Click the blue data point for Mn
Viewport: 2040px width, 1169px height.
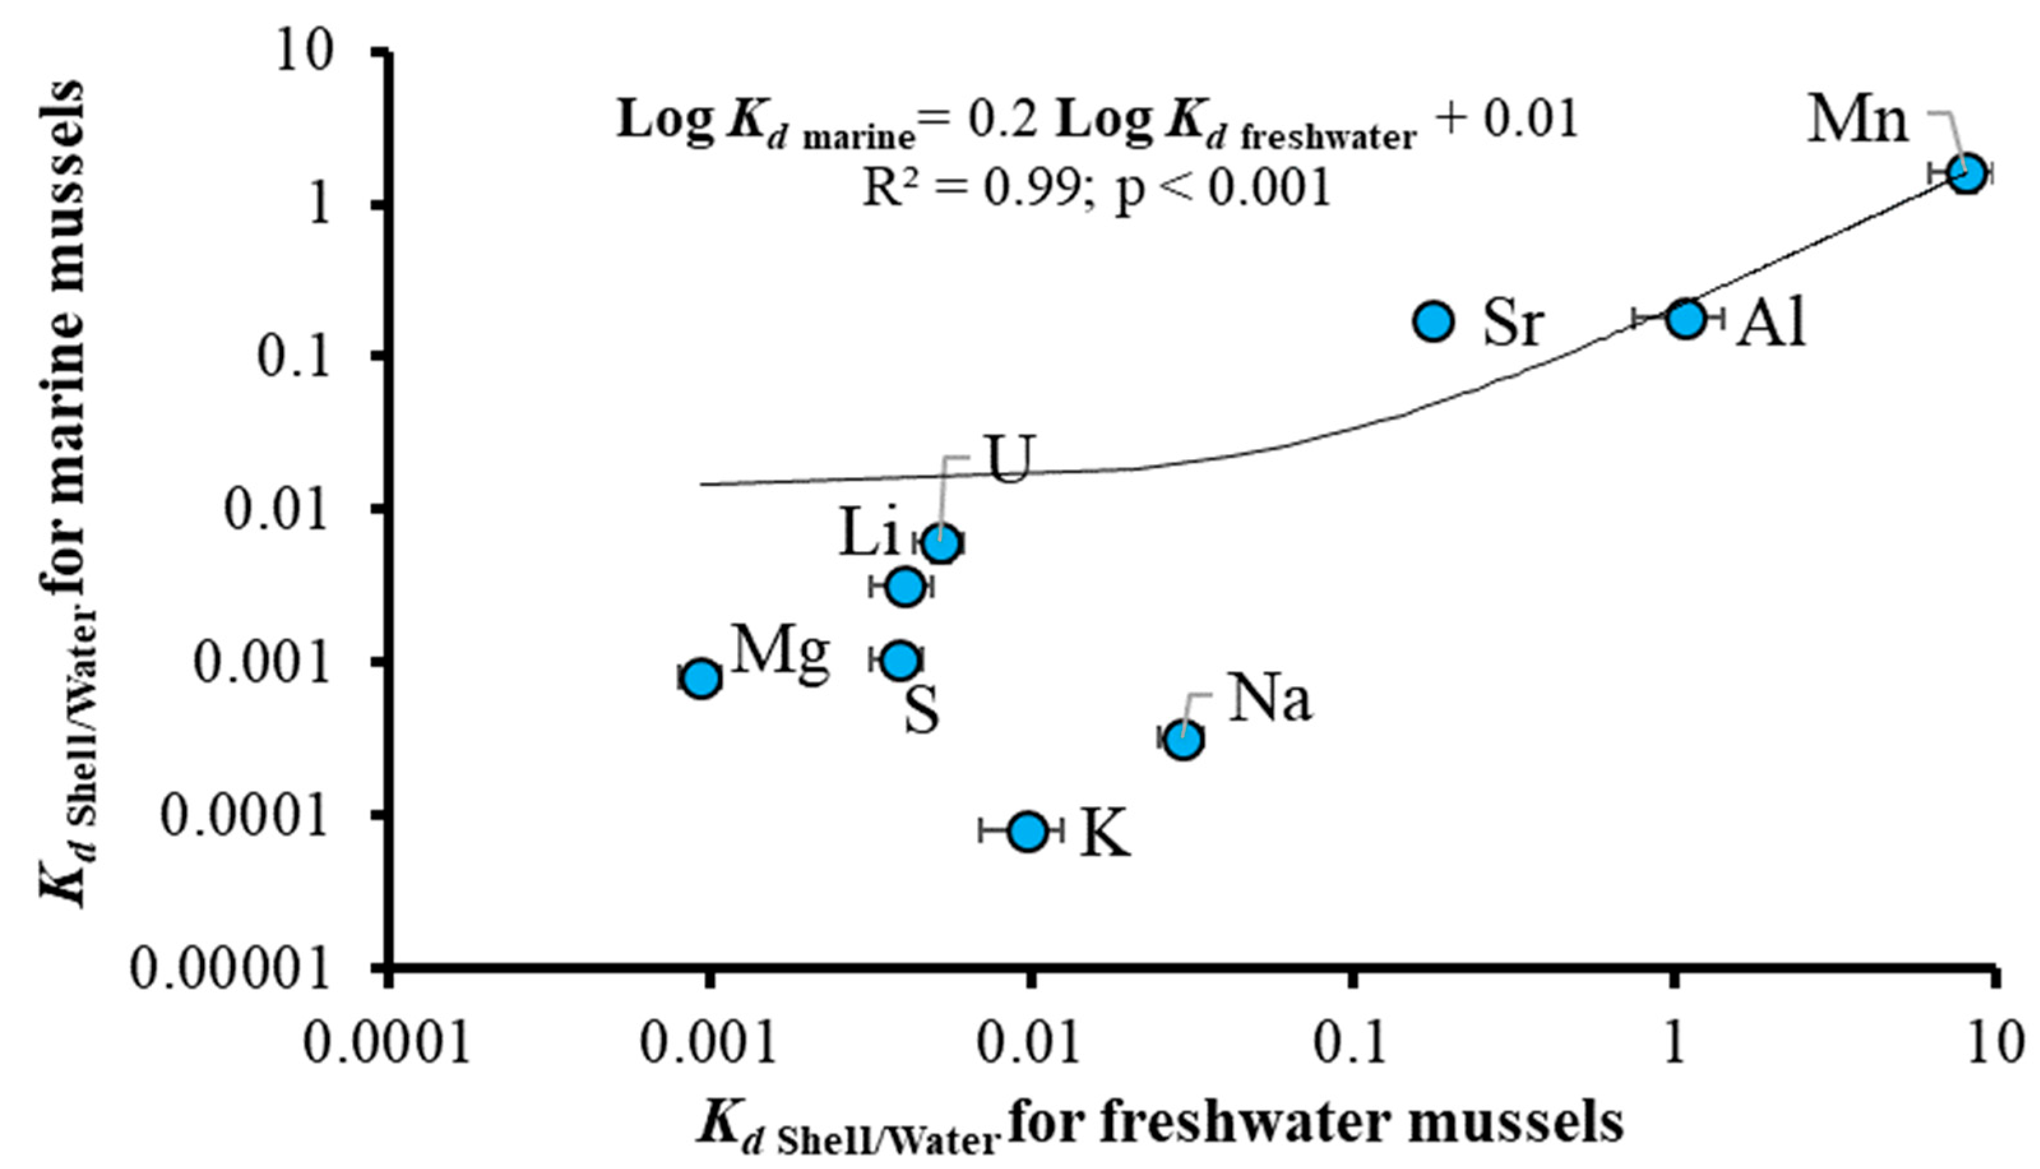coord(1968,173)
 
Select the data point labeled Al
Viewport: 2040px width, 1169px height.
coord(1685,318)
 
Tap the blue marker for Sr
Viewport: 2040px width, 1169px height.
coord(1434,320)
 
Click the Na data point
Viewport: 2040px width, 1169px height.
coord(1184,739)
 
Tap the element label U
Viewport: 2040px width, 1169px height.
coord(1008,460)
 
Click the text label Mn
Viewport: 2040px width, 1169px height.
coord(1858,122)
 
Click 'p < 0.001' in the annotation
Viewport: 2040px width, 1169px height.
coord(1224,190)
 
